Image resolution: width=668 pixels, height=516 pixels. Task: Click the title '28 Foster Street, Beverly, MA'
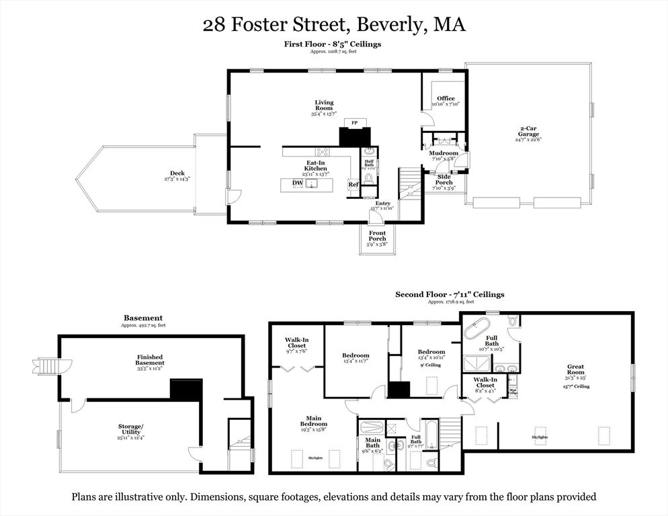click(334, 26)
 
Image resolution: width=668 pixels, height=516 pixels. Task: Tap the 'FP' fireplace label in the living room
click(354, 123)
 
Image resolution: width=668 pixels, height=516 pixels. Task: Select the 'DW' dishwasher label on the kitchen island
click(297, 183)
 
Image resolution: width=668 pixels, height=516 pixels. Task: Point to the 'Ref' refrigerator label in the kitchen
click(353, 184)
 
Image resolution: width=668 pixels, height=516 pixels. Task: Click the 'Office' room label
click(446, 99)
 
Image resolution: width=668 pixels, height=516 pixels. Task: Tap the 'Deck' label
click(177, 173)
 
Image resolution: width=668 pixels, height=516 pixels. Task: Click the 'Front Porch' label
click(377, 237)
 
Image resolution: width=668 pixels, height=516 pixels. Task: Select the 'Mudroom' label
click(444, 153)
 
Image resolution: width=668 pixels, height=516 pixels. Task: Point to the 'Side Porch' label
click(444, 179)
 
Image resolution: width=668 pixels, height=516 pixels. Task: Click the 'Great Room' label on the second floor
click(575, 369)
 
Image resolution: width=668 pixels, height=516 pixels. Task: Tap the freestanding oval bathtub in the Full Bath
click(478, 332)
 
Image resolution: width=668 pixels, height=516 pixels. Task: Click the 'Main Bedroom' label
click(314, 421)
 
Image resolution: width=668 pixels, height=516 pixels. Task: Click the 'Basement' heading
click(142, 318)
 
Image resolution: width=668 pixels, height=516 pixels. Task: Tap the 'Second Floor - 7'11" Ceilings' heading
click(449, 294)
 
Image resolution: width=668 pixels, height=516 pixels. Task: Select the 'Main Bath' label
click(372, 443)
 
